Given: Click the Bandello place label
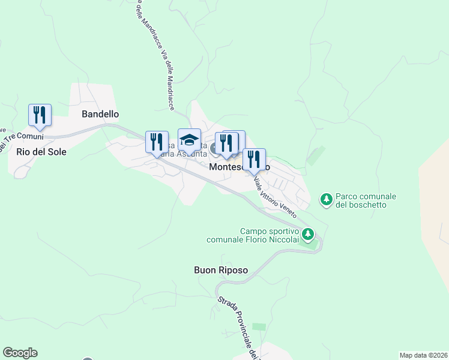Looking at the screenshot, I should pyautogui.click(x=100, y=114).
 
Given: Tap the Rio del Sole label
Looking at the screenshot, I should pyautogui.click(x=41, y=152).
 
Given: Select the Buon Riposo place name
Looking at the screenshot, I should pyautogui.click(x=221, y=270).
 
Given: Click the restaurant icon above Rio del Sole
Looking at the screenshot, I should pyautogui.click(x=40, y=115).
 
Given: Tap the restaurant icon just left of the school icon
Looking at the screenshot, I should pyautogui.click(x=157, y=142).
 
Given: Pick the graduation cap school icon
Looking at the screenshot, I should pyautogui.click(x=189, y=140).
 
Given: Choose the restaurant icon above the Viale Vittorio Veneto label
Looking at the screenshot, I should pyautogui.click(x=254, y=160).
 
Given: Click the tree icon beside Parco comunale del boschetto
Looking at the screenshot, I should pyautogui.click(x=327, y=199).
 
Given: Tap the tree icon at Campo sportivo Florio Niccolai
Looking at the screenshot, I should pyautogui.click(x=308, y=234).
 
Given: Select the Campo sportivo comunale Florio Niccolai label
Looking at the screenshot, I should pyautogui.click(x=253, y=235).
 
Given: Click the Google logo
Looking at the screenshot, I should pyautogui.click(x=20, y=353).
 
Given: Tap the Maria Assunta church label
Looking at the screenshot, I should pyautogui.click(x=186, y=153).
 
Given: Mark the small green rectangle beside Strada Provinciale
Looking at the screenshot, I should pyautogui.click(x=259, y=326).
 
